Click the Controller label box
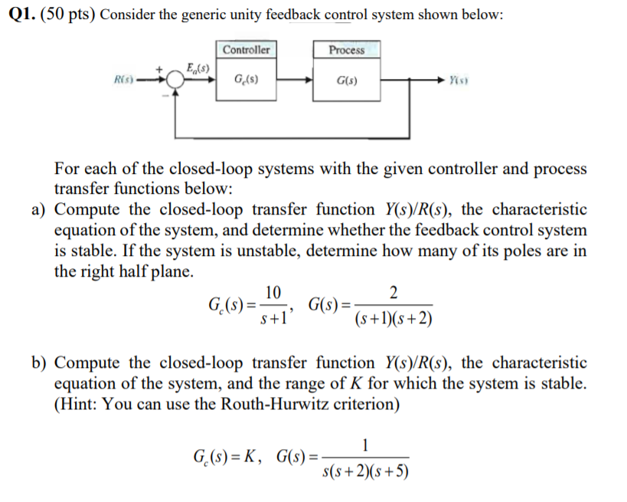click(246, 50)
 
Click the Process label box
click(346, 50)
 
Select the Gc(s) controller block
click(246, 79)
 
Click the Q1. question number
click(27, 16)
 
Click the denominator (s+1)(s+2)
click(394, 317)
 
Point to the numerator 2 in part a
click(393, 291)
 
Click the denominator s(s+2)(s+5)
click(365, 470)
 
